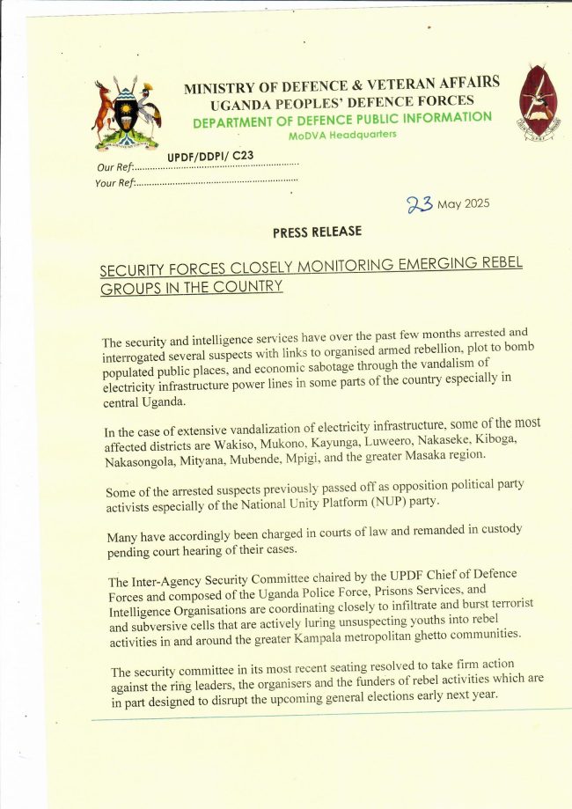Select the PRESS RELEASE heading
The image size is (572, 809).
[317, 232]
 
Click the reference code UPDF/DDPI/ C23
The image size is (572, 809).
[205, 154]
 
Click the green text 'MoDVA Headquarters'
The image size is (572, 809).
[342, 136]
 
